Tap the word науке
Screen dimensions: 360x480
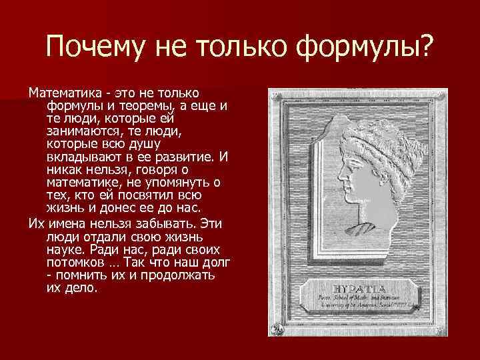click(x=66, y=247)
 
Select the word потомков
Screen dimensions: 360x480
click(x=77, y=261)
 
